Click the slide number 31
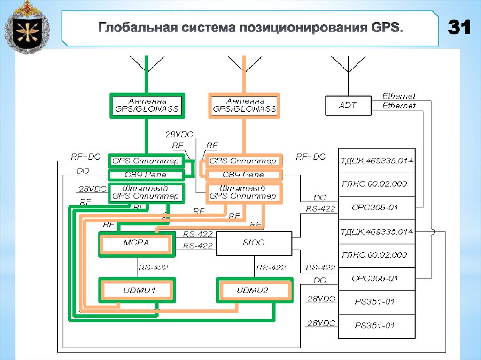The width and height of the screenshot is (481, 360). [x=459, y=28]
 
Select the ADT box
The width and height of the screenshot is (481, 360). [x=348, y=106]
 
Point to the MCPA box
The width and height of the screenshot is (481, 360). [x=136, y=243]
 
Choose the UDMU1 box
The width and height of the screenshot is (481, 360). [x=137, y=291]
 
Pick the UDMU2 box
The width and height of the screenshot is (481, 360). [x=254, y=291]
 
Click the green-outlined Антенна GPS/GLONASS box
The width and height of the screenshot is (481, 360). [x=147, y=105]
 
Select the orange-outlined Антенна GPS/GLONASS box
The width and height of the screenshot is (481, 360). [x=244, y=105]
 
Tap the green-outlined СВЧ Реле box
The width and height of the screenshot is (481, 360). [x=146, y=175]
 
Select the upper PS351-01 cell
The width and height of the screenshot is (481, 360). [x=376, y=302]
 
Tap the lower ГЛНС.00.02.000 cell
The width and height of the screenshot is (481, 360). [x=376, y=255]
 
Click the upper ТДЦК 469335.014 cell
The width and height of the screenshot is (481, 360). [x=376, y=161]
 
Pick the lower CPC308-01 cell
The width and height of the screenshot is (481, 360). [x=376, y=278]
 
